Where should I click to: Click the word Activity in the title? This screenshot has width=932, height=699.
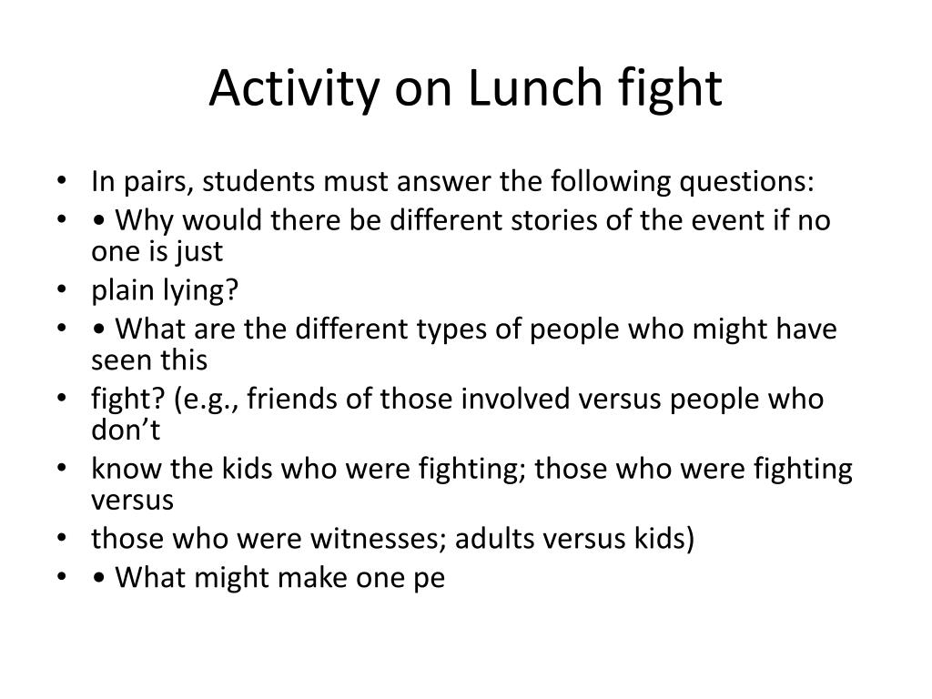coord(281,88)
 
